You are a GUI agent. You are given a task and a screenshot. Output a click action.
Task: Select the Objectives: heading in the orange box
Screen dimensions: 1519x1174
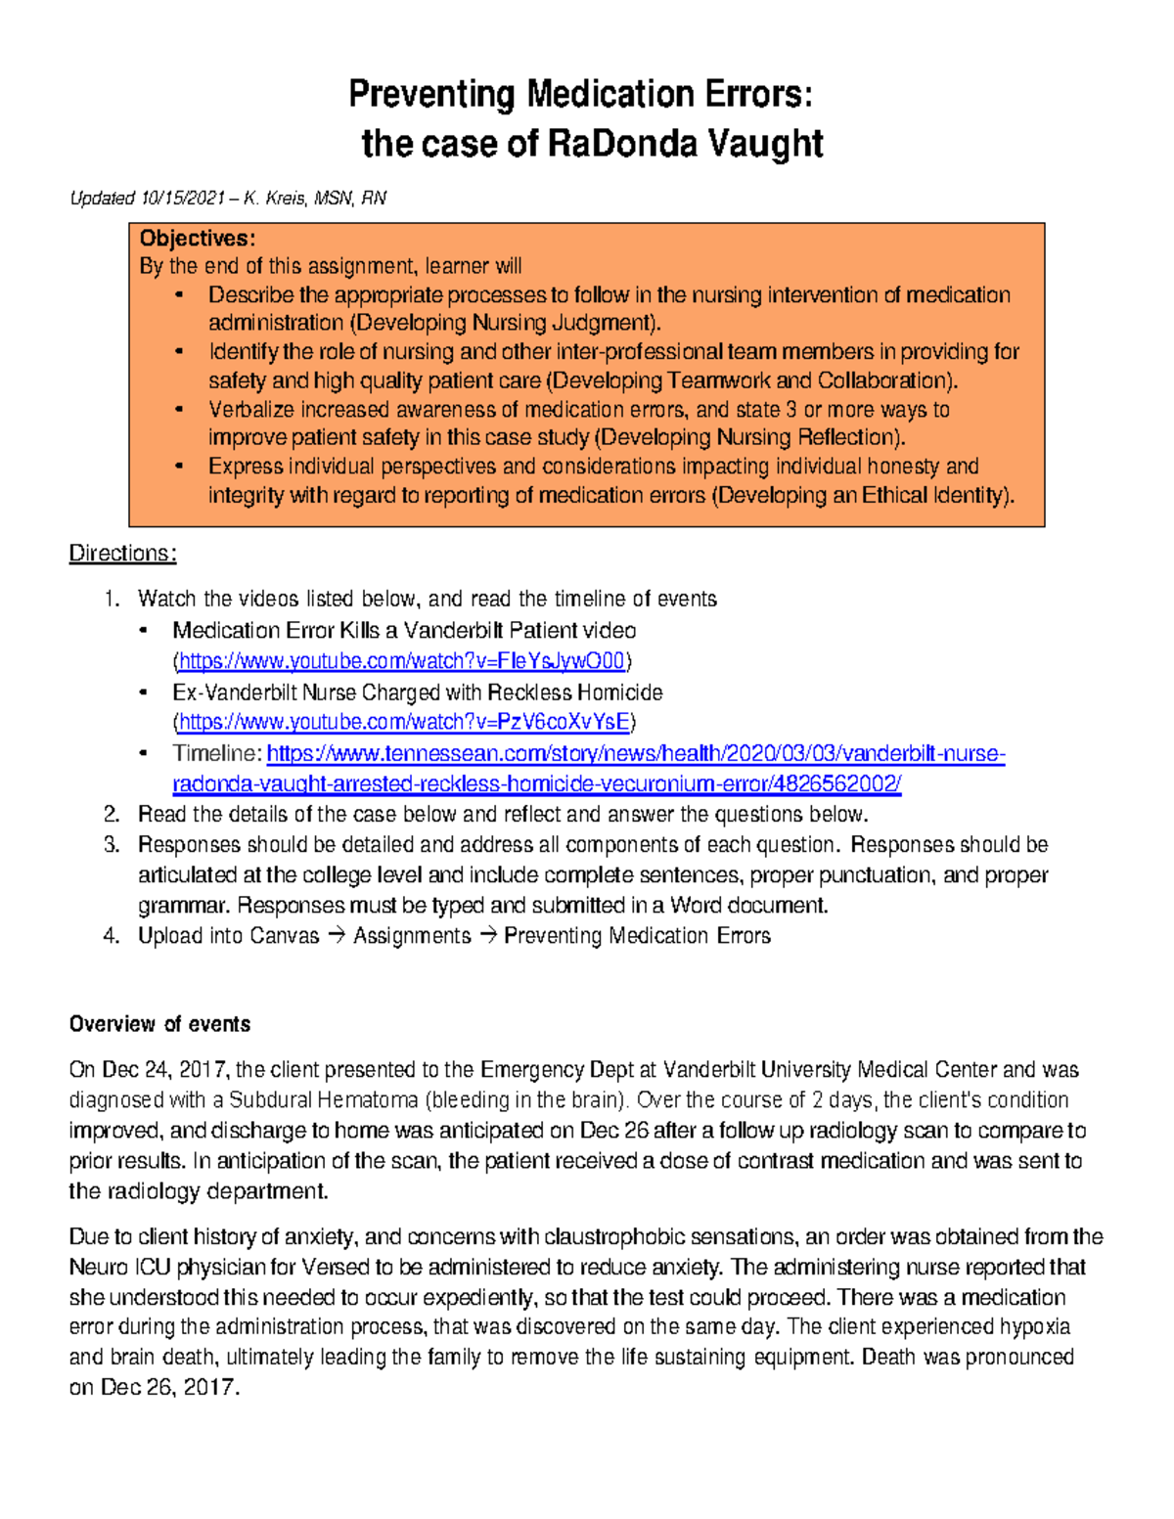click(x=197, y=239)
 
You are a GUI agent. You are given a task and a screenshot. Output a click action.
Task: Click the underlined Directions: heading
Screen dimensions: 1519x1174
click(x=122, y=554)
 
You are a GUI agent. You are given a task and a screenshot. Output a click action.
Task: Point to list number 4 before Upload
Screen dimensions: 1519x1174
click(x=111, y=936)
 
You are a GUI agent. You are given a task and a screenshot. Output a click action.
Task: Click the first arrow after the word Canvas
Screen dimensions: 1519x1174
click(x=336, y=936)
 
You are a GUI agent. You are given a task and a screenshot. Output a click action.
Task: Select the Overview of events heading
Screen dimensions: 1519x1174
click(x=159, y=1024)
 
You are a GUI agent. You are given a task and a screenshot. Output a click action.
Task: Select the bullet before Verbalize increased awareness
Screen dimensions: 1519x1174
click(x=178, y=409)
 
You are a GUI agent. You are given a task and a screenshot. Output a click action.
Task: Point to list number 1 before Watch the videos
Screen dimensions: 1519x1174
click(x=111, y=599)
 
